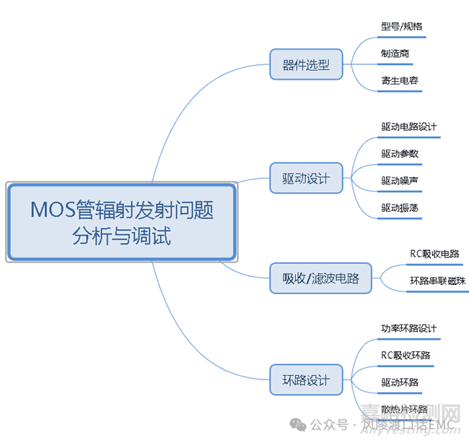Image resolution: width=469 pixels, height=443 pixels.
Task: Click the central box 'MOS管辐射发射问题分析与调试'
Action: tap(122, 222)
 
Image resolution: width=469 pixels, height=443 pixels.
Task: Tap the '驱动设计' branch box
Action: tap(306, 178)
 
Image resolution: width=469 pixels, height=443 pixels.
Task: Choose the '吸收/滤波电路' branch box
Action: tap(320, 278)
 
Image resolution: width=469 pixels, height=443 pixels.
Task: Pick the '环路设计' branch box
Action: tap(306, 379)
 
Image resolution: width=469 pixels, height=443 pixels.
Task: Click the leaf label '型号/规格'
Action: tap(402, 27)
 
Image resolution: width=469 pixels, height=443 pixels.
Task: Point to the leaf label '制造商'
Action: tap(396, 53)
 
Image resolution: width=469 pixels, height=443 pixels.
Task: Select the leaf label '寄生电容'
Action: tap(400, 80)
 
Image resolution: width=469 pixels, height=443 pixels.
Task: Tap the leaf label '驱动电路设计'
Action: tap(409, 126)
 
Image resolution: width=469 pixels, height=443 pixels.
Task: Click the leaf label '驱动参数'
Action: tap(400, 153)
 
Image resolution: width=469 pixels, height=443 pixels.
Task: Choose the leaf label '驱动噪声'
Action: tap(400, 180)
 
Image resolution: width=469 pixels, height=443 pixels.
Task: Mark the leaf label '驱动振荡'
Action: tap(400, 207)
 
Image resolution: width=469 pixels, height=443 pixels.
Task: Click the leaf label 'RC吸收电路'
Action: tap(434, 254)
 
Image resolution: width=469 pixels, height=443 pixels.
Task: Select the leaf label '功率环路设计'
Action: tap(409, 328)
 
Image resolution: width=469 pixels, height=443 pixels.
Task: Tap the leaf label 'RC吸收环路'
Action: tap(406, 355)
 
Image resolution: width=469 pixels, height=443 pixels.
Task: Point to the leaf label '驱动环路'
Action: tap(400, 382)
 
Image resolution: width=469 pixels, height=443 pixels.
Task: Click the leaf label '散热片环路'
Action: tap(404, 409)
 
